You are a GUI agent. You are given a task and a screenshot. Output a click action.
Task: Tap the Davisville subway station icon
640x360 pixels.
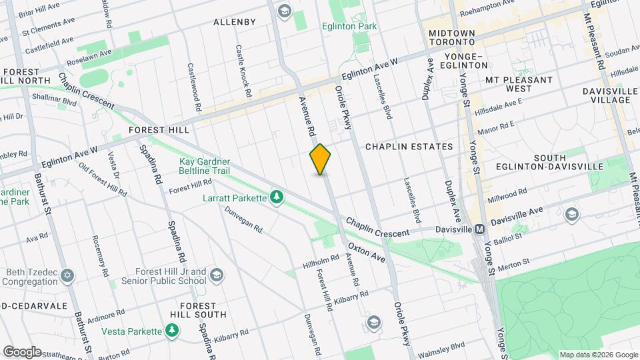pyautogui.click(x=479, y=229)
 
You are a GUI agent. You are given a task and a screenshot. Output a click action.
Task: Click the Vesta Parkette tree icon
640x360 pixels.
pyautogui.click(x=173, y=331)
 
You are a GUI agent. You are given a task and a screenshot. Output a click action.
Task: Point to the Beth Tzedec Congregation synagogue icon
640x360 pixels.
pyautogui.click(x=67, y=275)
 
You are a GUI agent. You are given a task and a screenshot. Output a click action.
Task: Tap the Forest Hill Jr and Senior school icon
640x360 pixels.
pyautogui.click(x=217, y=275)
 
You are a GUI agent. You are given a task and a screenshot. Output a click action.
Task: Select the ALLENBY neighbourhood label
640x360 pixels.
pyautogui.click(x=235, y=22)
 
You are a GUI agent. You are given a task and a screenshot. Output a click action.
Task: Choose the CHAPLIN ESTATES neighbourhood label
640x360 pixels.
pyautogui.click(x=409, y=147)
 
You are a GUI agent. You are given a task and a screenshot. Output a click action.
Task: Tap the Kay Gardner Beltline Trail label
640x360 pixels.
pyautogui.click(x=213, y=167)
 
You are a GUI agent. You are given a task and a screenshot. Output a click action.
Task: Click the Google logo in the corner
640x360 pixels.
pyautogui.click(x=21, y=351)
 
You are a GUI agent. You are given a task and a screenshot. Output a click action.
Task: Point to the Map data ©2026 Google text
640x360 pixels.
pyautogui.click(x=597, y=355)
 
